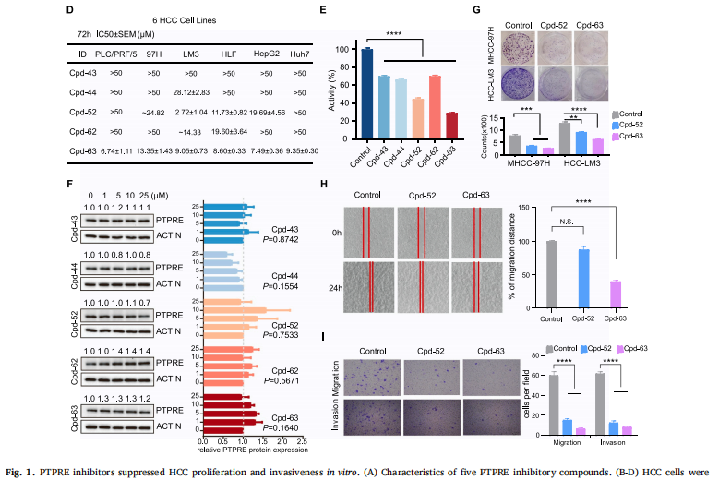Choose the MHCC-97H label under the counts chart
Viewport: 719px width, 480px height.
click(x=523, y=162)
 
